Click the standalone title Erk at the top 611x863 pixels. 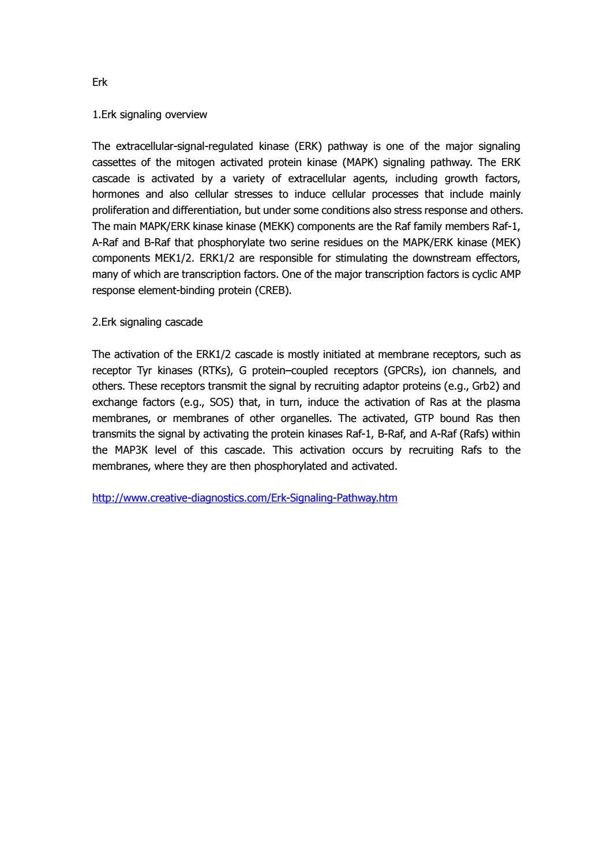100,82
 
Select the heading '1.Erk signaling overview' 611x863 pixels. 149,115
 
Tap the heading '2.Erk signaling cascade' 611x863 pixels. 147,322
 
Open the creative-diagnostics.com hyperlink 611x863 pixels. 245,498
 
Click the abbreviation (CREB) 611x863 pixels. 271,291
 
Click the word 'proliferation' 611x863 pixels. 121,210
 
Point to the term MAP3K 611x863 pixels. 129,450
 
